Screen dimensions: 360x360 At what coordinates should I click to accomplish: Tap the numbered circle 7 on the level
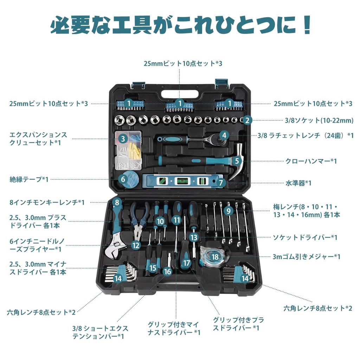coord(220,183)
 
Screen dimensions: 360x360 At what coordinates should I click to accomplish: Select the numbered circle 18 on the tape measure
coord(215,257)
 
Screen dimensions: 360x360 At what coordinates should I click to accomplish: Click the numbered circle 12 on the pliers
coord(136,245)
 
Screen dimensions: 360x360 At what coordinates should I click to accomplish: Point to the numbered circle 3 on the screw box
coord(123,139)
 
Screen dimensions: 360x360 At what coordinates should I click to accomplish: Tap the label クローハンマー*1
coord(311,161)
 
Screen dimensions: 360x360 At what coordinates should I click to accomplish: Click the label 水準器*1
coord(298,183)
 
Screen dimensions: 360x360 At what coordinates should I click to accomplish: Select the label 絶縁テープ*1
coord(29,179)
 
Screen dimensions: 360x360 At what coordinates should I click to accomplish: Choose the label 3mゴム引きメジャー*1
coord(307,257)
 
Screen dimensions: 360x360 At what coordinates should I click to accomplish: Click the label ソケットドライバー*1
coord(305,237)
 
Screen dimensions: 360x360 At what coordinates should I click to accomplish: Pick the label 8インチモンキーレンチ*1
coord(47,202)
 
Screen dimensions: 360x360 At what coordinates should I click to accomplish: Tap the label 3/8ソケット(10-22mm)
coord(319,120)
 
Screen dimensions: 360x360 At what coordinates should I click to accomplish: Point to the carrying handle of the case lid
coord(179,94)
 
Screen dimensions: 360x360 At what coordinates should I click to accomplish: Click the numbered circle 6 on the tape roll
coord(123,179)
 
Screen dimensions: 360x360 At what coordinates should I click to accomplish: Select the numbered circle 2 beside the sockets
coord(247,120)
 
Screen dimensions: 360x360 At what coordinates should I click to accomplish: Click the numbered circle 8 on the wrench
coord(117,202)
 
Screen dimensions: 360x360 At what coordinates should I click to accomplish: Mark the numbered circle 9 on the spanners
coord(229,211)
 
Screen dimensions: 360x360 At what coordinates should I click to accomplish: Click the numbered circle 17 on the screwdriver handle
coord(187,263)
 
